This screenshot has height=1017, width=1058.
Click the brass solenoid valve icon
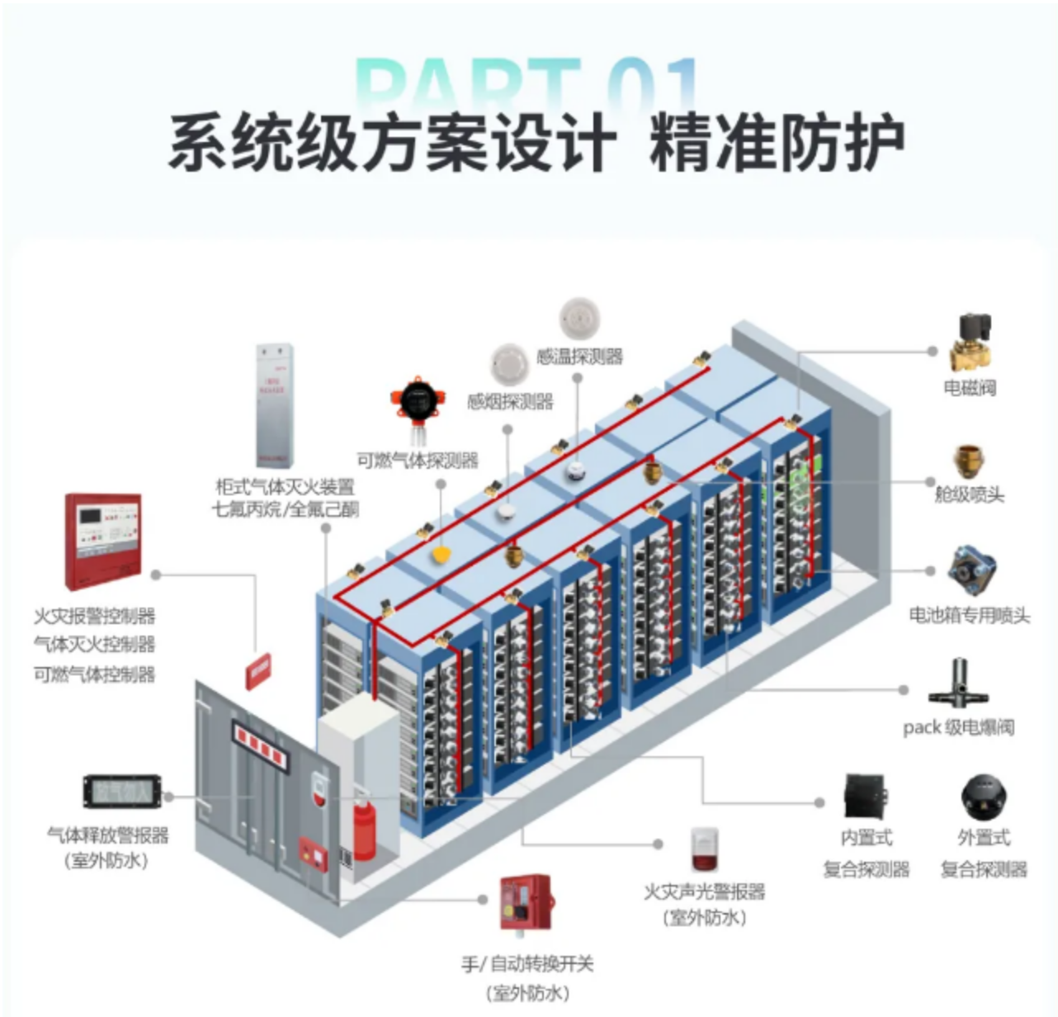point(971,343)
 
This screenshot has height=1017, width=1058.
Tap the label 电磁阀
point(970,388)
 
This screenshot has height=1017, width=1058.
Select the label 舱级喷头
point(970,494)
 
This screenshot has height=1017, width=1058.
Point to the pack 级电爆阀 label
point(958,727)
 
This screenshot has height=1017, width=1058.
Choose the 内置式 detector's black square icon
point(866,797)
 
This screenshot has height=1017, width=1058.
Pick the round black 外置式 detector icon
point(984,797)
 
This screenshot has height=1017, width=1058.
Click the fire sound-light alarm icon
point(704,850)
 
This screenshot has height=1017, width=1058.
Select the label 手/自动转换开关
point(527,963)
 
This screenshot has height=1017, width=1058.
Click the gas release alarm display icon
point(121,792)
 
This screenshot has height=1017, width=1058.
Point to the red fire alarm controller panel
point(103,541)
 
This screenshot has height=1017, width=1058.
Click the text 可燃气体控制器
point(94,674)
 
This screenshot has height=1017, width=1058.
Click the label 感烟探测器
point(510,402)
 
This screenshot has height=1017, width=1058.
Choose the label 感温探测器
point(579,357)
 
